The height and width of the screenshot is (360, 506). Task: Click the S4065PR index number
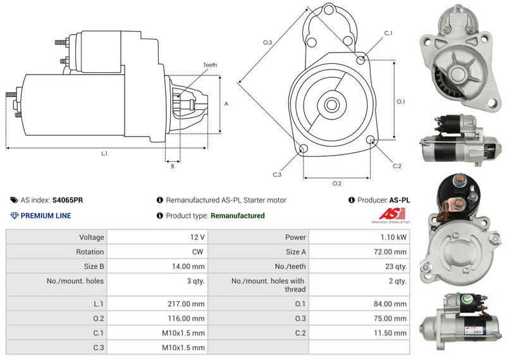pyautogui.click(x=68, y=200)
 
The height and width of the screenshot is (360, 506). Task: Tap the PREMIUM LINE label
pyautogui.click(x=46, y=216)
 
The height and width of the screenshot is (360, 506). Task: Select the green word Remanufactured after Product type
pyautogui.click(x=237, y=216)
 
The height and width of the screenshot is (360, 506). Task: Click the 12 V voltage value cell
pyautogui.click(x=197, y=237)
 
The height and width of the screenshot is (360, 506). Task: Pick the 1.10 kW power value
pyautogui.click(x=395, y=237)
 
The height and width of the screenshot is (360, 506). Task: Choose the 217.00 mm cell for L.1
pyautogui.click(x=189, y=304)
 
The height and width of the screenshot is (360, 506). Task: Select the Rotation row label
pyautogui.click(x=92, y=252)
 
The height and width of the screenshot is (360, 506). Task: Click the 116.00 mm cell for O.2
pyautogui.click(x=189, y=318)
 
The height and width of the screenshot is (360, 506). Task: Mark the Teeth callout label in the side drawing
pyautogui.click(x=210, y=65)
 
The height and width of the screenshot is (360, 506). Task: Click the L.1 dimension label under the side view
pyautogui.click(x=104, y=154)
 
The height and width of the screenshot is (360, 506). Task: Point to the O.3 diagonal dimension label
pyautogui.click(x=267, y=42)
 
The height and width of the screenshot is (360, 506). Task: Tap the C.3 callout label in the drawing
pyautogui.click(x=276, y=175)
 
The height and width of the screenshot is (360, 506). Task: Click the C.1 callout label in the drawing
pyautogui.click(x=388, y=33)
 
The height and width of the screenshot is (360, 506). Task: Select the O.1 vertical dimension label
pyautogui.click(x=400, y=101)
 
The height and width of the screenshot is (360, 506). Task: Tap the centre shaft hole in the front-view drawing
pyautogui.click(x=330, y=104)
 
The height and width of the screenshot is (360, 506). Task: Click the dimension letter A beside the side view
pyautogui.click(x=226, y=103)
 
